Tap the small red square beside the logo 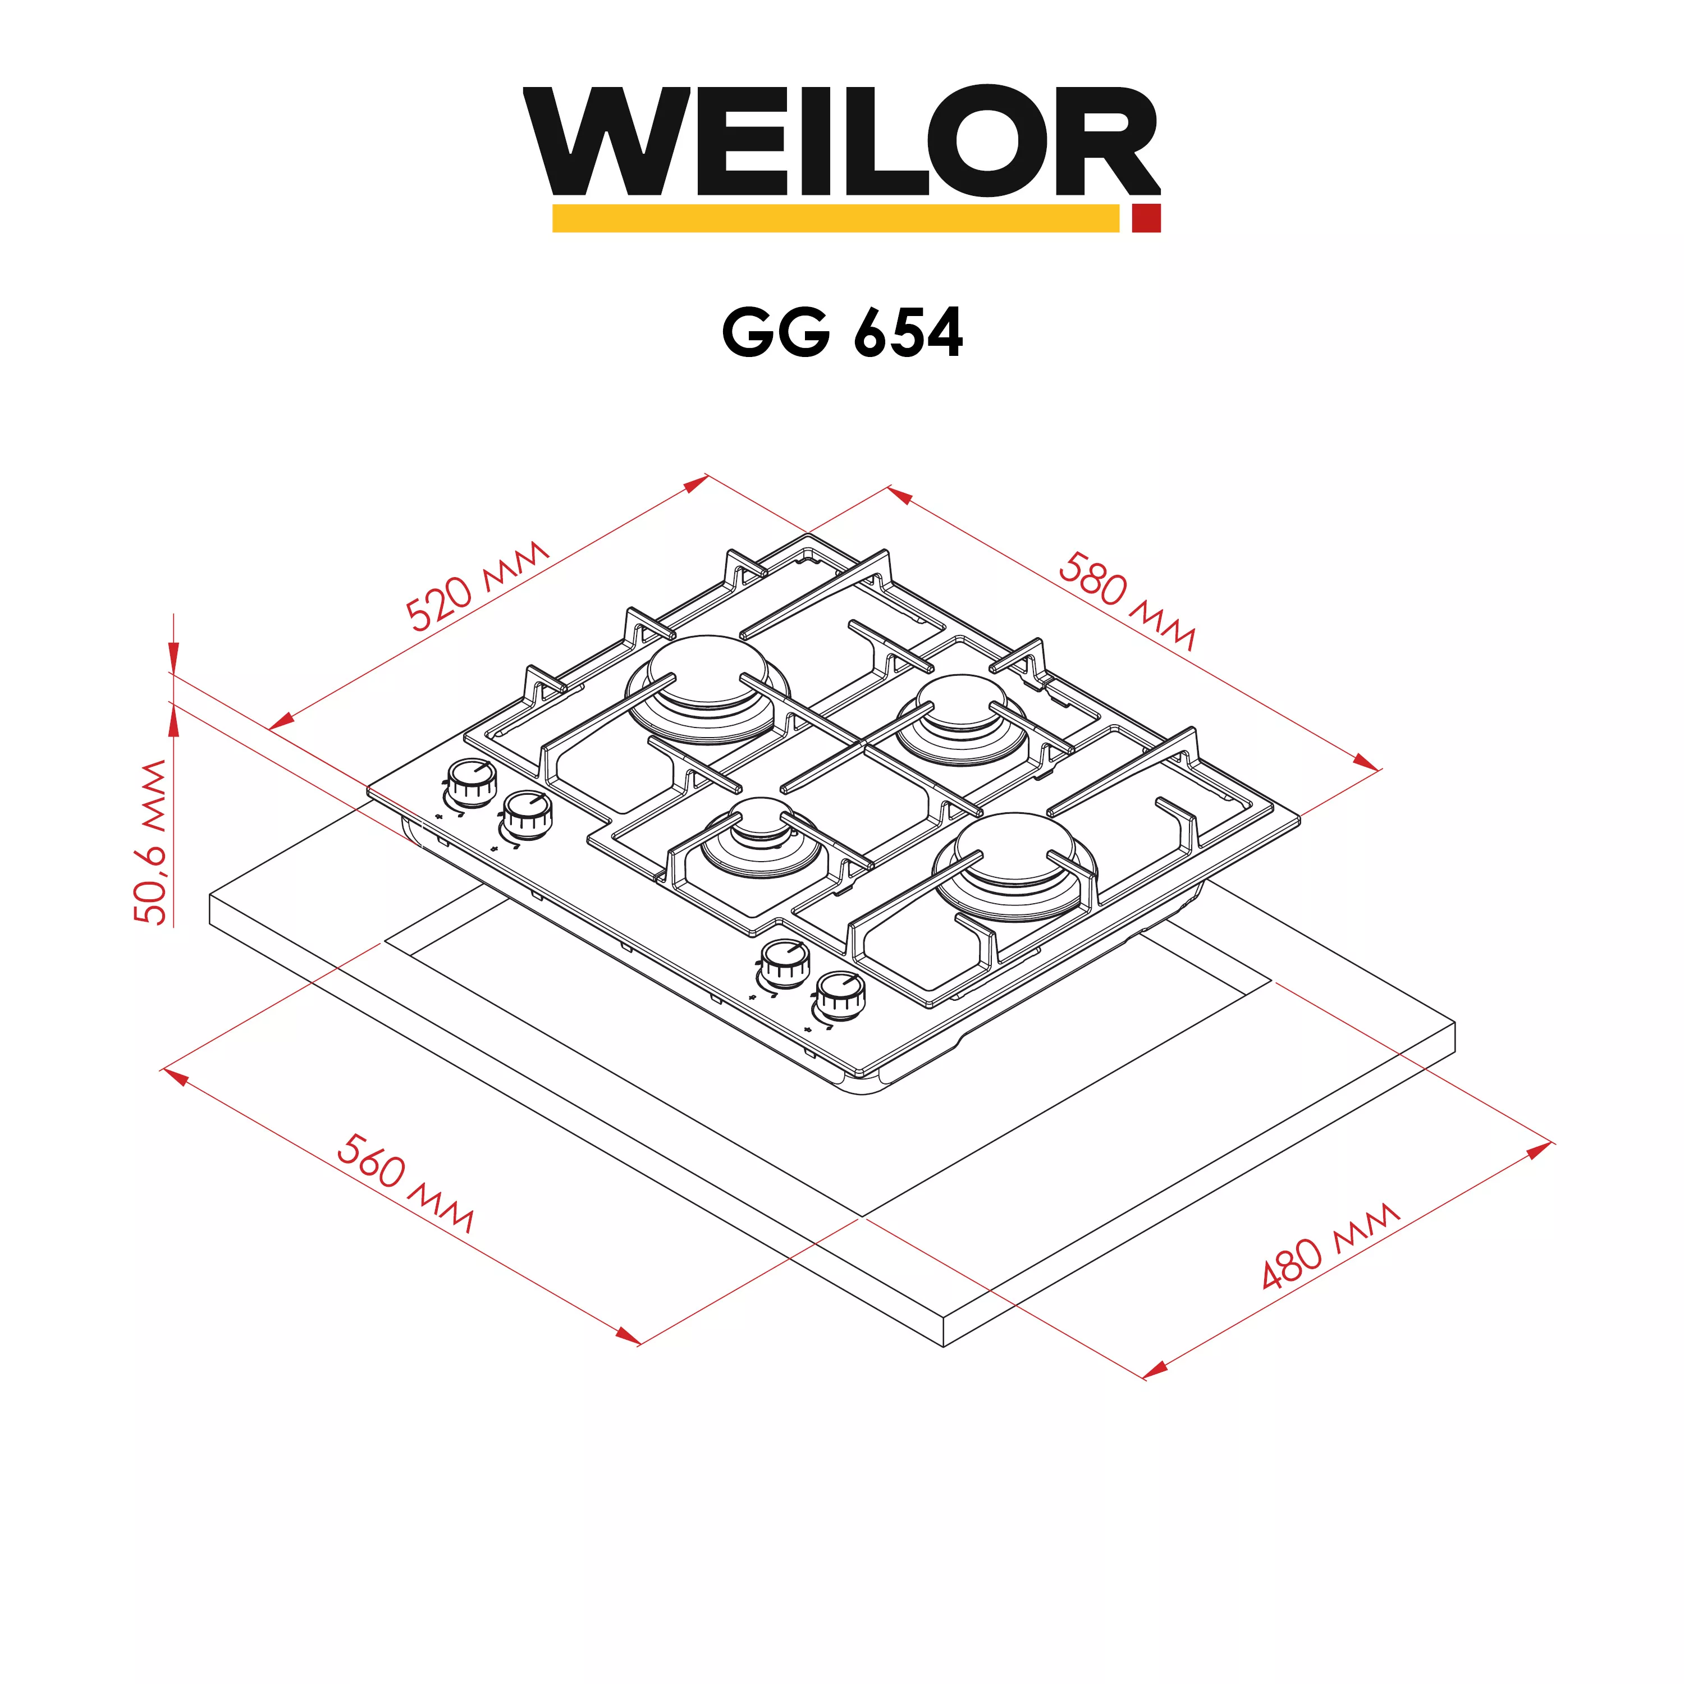1146,218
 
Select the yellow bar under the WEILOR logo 835,218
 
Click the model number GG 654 842,332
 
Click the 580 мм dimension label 1126,600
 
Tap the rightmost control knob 839,995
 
